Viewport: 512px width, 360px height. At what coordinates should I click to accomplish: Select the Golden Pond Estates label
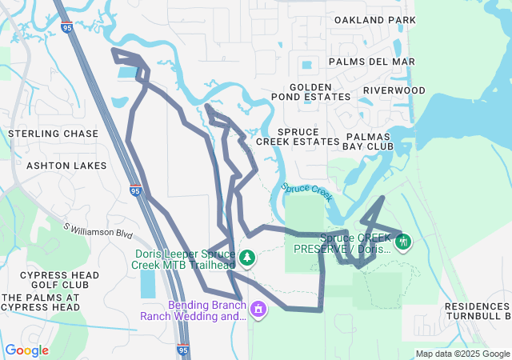click(320, 91)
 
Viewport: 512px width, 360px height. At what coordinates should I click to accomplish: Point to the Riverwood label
click(394, 90)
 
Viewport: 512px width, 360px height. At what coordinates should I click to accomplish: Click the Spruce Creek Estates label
click(298, 136)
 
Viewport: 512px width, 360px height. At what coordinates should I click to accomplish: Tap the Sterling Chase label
click(53, 134)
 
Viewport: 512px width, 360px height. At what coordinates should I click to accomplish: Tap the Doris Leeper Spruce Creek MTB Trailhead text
click(185, 258)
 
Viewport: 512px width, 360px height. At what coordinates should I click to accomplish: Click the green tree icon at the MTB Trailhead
click(248, 258)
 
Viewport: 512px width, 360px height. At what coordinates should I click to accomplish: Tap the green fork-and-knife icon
click(403, 240)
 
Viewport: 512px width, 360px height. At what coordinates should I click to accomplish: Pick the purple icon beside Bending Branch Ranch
click(258, 309)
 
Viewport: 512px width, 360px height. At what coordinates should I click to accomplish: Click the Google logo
click(26, 350)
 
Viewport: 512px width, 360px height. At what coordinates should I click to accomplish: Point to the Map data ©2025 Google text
click(462, 354)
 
